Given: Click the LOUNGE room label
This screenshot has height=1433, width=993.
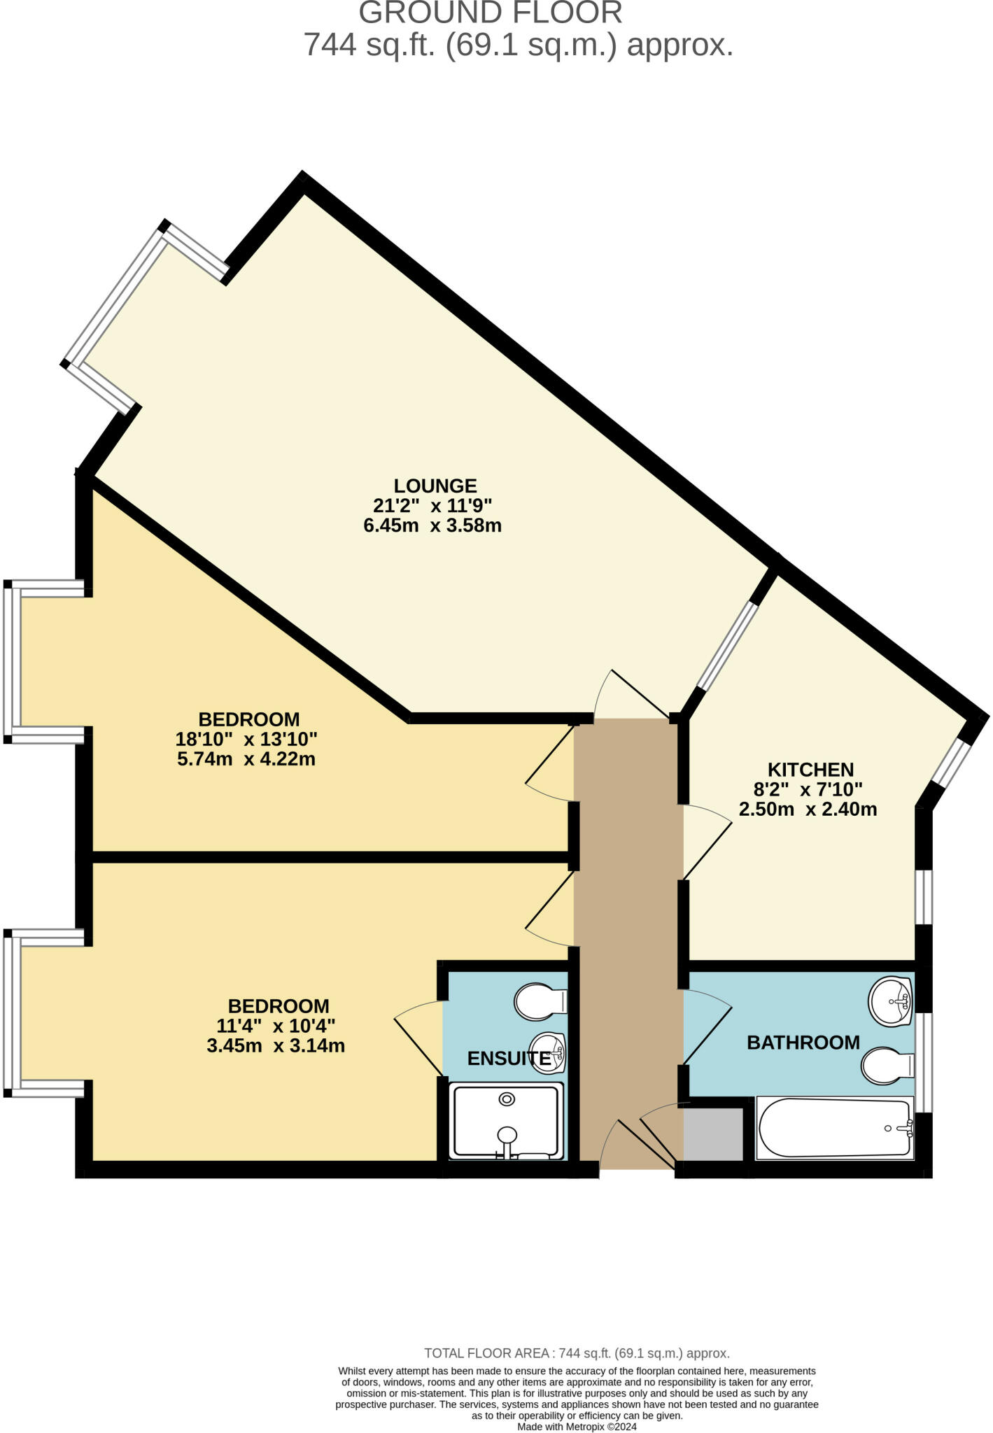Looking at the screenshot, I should [435, 486].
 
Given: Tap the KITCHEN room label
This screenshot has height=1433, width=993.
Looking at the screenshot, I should [810, 770].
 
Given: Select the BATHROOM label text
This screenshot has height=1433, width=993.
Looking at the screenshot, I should [803, 1043].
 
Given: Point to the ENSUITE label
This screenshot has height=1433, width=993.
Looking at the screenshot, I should [509, 1059].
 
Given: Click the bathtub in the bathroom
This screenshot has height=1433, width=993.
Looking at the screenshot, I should [835, 1128].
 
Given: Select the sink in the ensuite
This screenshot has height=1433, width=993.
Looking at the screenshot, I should [549, 1052].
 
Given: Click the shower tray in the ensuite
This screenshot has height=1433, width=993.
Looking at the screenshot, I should [506, 1121].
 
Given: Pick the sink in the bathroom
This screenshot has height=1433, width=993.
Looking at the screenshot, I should [890, 1000].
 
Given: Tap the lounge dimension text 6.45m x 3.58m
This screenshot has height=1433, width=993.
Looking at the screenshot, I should [432, 525].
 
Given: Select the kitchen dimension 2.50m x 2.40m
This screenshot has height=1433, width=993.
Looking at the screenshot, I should [808, 810].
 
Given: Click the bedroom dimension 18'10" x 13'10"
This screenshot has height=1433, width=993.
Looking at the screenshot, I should [247, 738].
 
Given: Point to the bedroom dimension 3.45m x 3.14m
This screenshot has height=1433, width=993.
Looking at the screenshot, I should [276, 1046].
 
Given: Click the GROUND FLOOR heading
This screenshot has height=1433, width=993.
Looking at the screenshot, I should [490, 13].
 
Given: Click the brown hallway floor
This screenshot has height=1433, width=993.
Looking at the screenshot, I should [628, 910].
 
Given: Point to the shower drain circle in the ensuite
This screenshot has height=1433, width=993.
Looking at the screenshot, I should [506, 1100].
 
